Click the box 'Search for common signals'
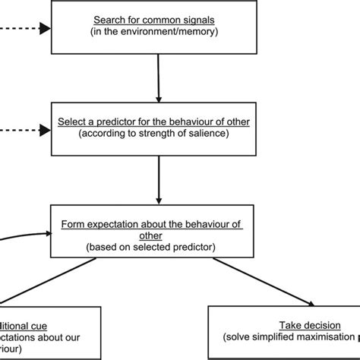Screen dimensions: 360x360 tap(157, 27)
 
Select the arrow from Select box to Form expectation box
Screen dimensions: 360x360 tap(157, 178)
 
